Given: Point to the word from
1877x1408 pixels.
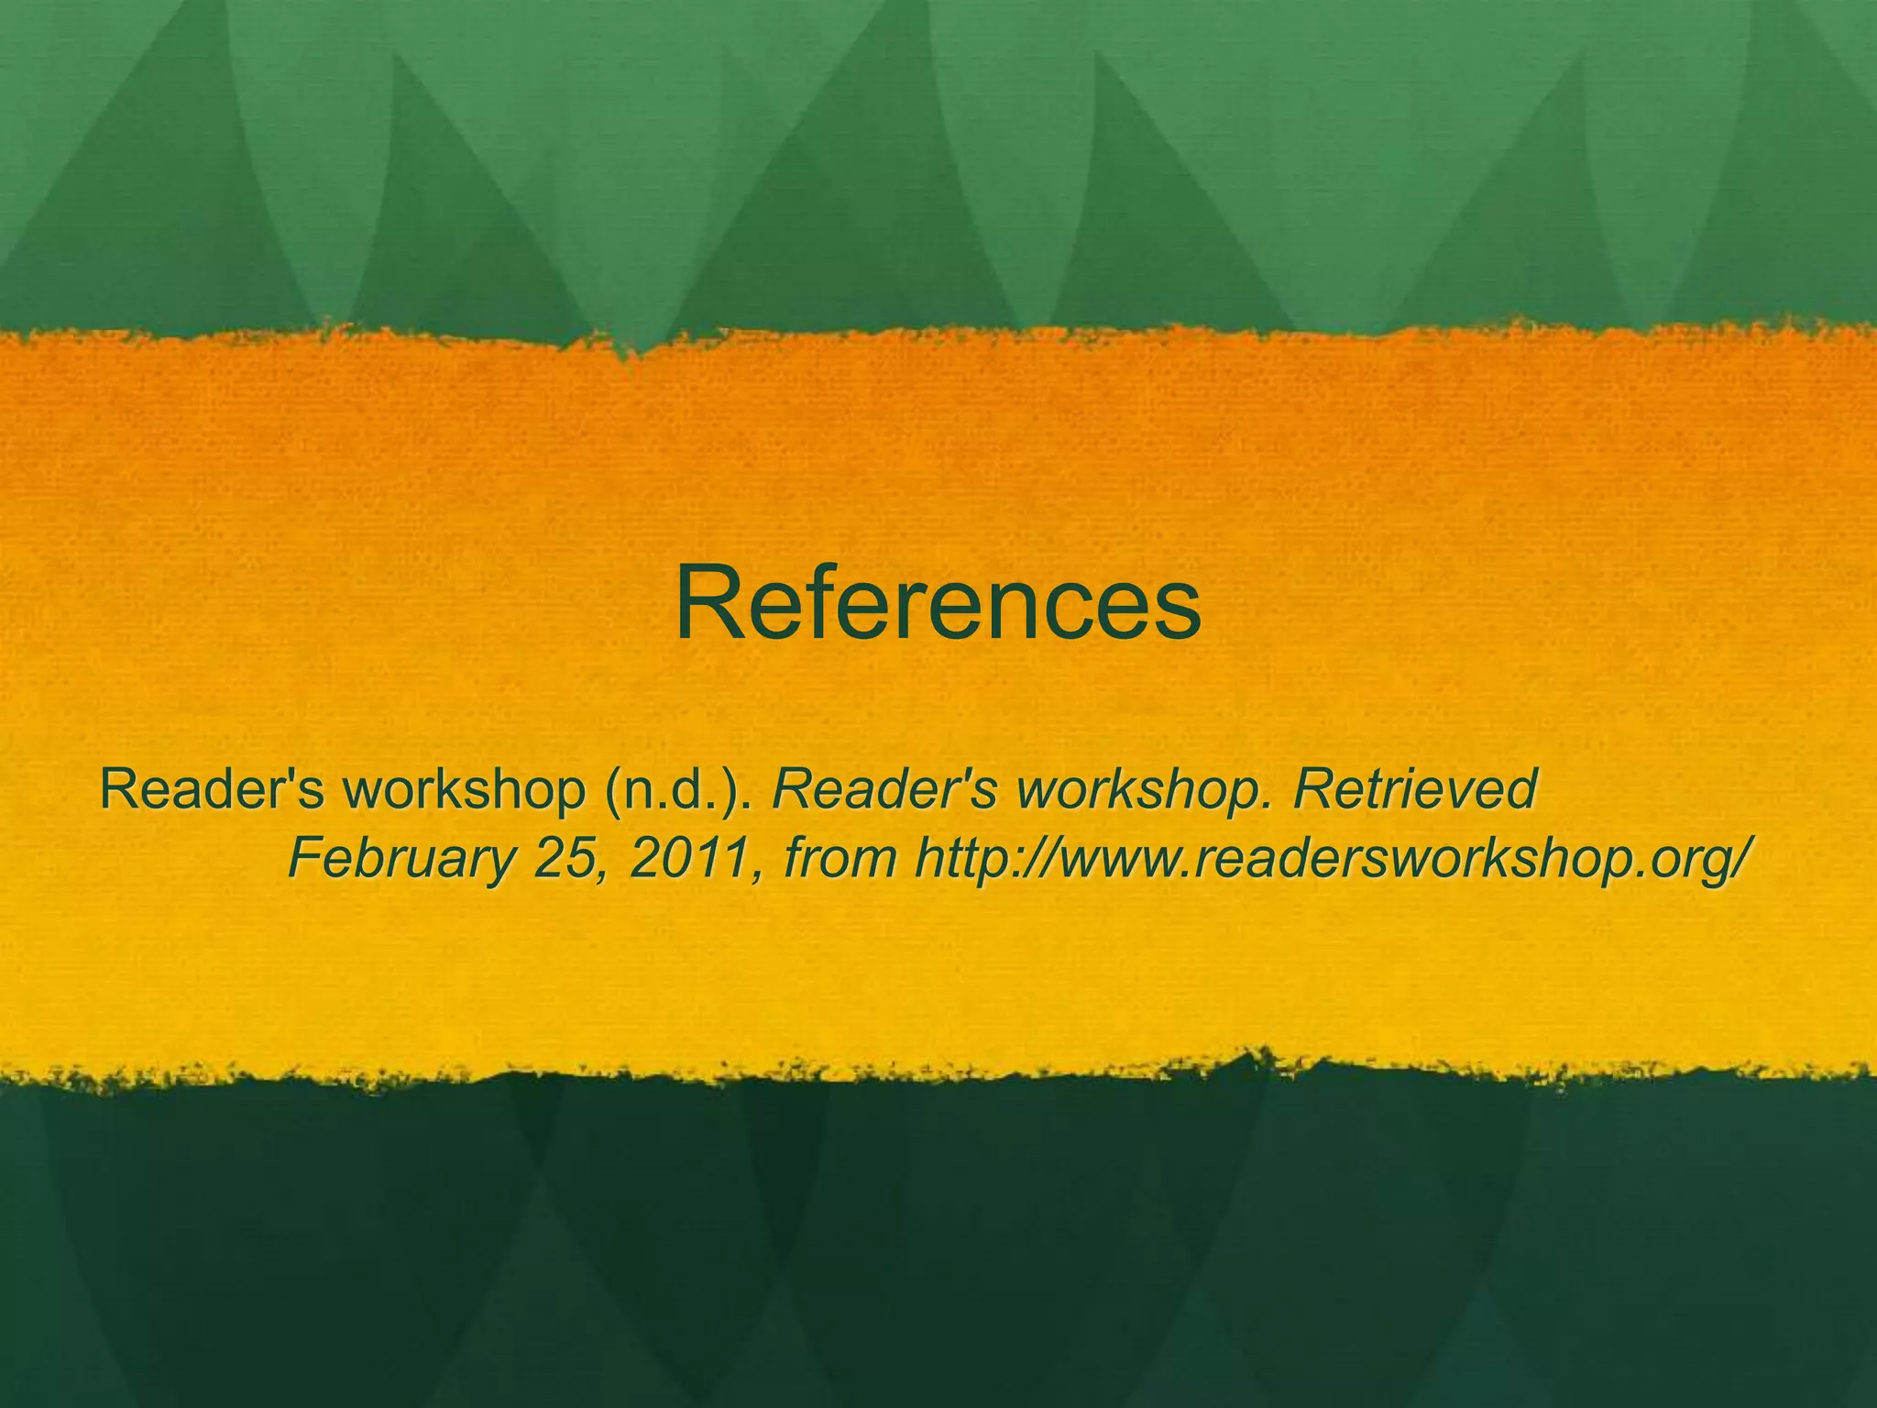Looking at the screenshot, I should point(840,858).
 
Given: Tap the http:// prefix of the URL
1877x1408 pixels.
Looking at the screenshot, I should point(981,858).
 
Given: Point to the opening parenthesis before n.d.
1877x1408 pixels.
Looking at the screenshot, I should point(612,790).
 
